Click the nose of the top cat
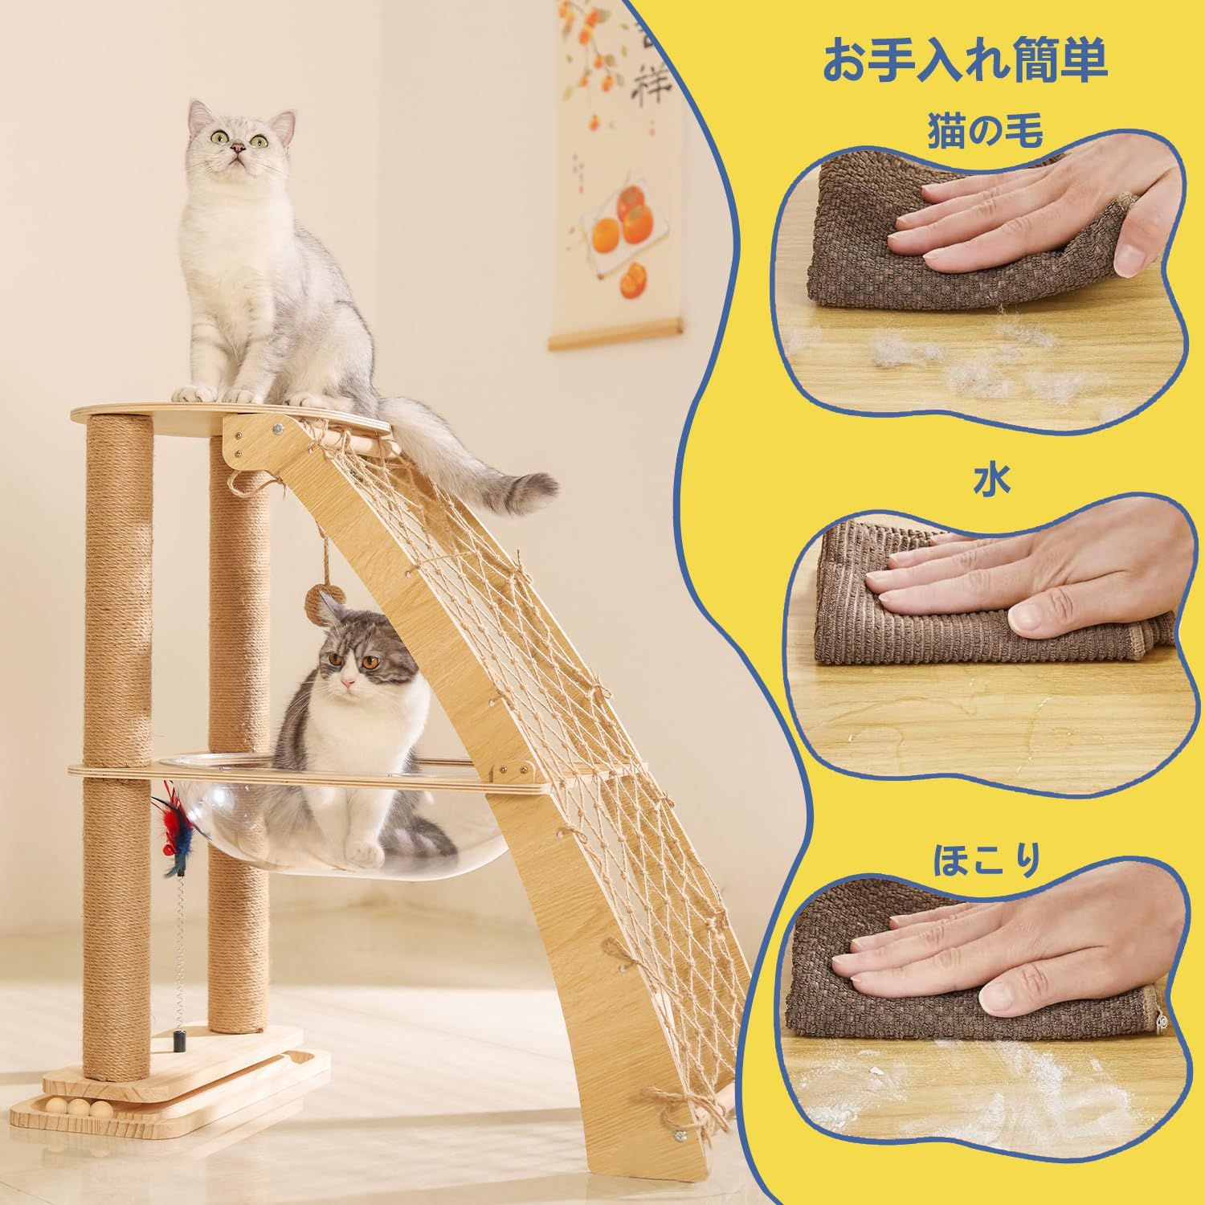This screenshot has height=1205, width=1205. [x=238, y=148]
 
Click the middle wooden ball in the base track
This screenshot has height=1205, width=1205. [x=76, y=1107]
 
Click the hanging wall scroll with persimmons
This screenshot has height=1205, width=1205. [x=615, y=173]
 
